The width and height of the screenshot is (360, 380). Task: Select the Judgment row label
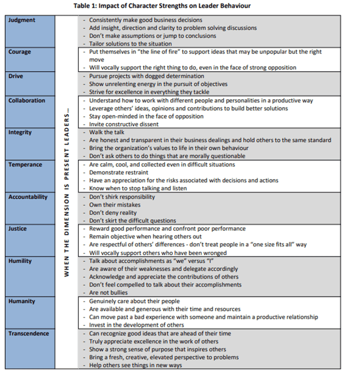pos(22,20)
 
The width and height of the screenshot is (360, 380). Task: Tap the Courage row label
pos(20,52)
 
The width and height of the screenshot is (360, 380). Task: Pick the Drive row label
pos(16,76)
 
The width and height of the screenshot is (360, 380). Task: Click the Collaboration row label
pos(27,100)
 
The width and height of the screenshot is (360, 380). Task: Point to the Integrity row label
pos(20,132)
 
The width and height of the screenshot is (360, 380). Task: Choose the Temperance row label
pos(25,165)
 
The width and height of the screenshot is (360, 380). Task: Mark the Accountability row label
pos(28,197)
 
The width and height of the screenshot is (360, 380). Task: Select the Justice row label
pos(17,229)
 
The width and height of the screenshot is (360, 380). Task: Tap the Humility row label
pos(20,261)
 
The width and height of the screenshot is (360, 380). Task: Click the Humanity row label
pos(22,301)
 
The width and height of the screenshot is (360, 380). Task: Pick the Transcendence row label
pos(29,334)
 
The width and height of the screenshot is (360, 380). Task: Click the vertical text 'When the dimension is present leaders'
pos(66,193)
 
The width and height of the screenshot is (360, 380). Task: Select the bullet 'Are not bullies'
pos(108,293)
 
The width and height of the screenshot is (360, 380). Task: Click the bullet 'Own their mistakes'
pos(115,205)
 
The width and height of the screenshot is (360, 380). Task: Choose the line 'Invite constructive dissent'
pos(124,124)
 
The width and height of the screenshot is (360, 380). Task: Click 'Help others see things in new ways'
pos(135,365)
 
